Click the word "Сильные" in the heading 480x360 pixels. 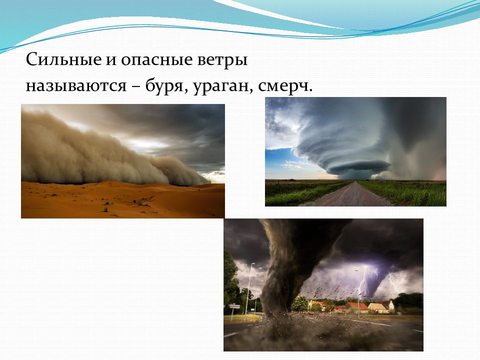pos(63,59)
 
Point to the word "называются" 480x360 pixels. pos(76,85)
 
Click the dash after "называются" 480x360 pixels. pos(136,87)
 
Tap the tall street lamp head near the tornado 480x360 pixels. pos(252,263)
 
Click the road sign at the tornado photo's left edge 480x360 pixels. pos(234,306)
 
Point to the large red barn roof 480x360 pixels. pos(357,306)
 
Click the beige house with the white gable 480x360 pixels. pos(378,307)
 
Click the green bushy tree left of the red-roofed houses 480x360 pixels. pos(299,303)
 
